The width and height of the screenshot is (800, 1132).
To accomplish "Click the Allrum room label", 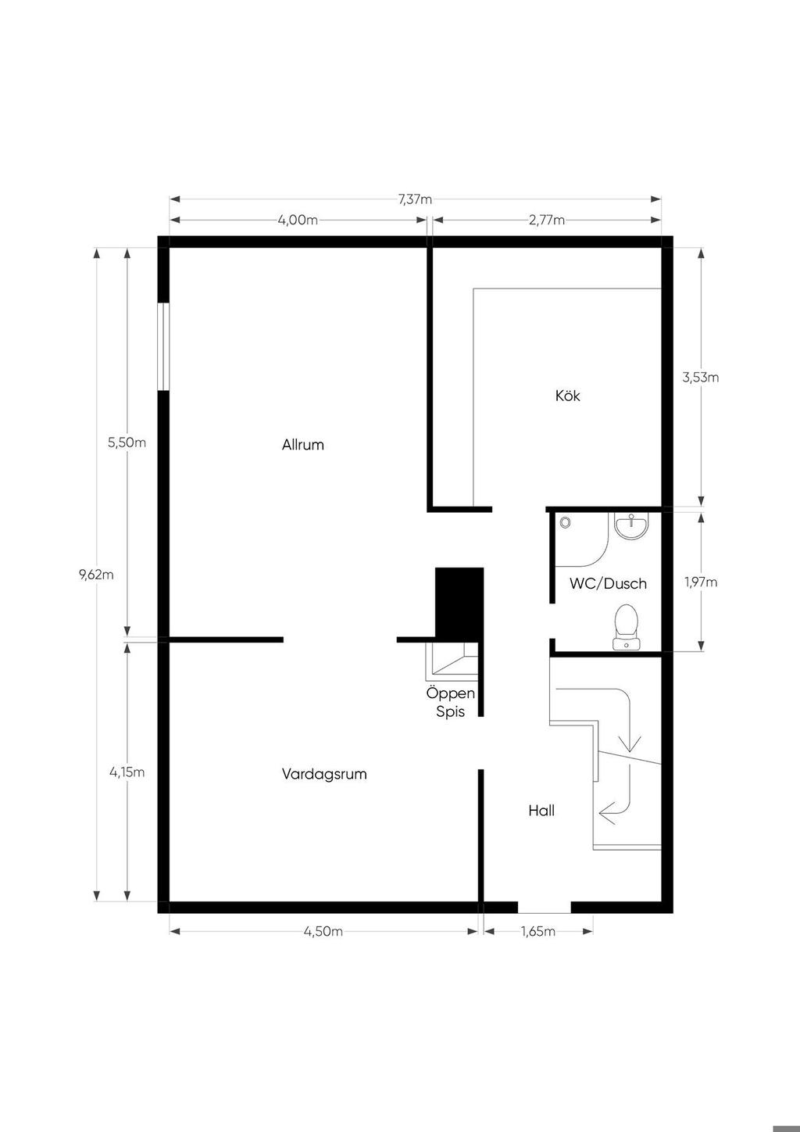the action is (302, 445).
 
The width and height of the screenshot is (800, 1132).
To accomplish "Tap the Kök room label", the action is (568, 396).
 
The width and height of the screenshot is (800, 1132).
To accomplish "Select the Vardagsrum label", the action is (324, 774).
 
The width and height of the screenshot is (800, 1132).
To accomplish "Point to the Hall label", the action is (541, 811).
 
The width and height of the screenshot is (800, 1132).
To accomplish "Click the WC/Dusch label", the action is (608, 583).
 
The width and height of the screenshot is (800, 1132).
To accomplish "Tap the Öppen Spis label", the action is (451, 702).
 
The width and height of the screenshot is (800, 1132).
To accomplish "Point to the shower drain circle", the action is (565, 522).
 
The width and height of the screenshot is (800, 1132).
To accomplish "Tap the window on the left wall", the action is (163, 346).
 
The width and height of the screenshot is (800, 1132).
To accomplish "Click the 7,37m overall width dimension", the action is (415, 199).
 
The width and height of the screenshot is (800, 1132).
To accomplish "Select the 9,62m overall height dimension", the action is (96, 575).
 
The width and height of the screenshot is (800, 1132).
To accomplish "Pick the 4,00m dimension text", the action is (298, 220).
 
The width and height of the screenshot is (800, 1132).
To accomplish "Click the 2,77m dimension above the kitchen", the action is (547, 220).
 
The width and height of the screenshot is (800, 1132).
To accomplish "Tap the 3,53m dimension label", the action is (701, 377).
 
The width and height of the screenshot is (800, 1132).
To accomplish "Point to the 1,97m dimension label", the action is (701, 582).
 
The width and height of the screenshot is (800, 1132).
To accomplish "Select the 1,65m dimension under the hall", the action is (538, 931).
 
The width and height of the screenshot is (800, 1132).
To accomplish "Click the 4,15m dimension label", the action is (127, 772).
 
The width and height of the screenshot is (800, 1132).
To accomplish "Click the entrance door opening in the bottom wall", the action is (545, 907).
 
